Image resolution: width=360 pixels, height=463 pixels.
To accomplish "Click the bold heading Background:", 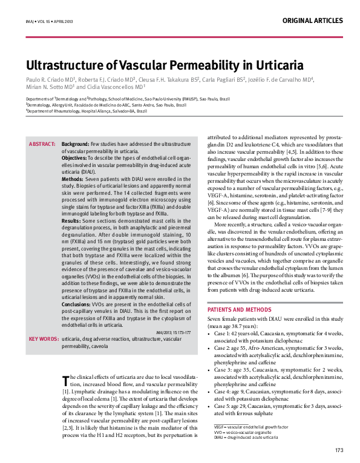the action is click(76, 144).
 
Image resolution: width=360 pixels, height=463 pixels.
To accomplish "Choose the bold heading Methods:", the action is click(73, 180).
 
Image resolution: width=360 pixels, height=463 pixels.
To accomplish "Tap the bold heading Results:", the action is click(72, 221).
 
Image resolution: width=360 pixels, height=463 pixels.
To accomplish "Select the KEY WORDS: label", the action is click(44, 339).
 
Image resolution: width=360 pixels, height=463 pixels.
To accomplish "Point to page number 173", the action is click(339, 450).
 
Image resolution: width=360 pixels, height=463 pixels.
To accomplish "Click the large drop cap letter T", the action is click(65, 379).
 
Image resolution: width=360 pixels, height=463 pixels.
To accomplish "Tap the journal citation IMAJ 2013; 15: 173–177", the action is click(174, 332).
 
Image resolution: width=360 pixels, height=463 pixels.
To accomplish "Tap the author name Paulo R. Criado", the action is click(49, 80).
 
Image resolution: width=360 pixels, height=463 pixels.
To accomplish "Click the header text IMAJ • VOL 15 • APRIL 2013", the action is click(47, 21).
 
